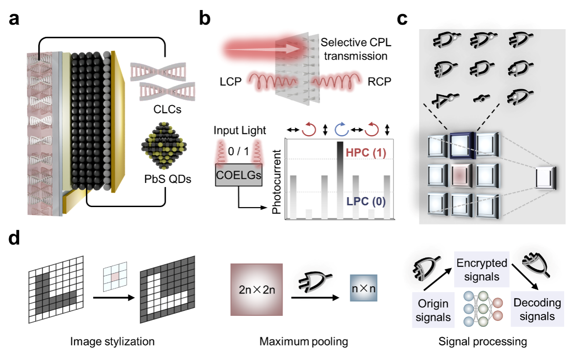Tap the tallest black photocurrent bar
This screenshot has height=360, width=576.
(x=340, y=180)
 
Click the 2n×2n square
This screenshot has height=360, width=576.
(x=256, y=290)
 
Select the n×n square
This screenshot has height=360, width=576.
(x=364, y=289)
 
